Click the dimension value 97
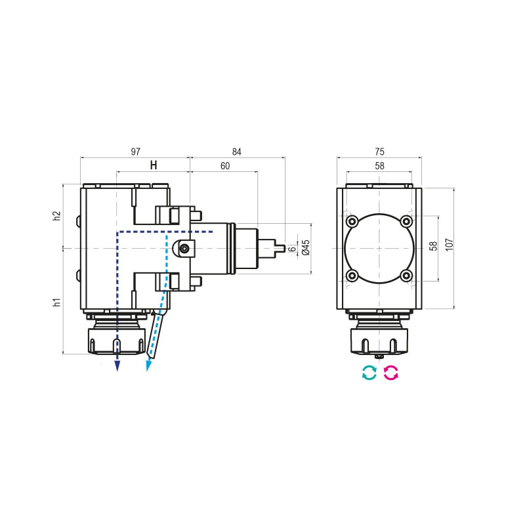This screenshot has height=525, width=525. click(x=135, y=152)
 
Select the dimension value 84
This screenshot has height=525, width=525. click(x=237, y=152)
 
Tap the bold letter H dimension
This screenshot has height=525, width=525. click(x=154, y=165)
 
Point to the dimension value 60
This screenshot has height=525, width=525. click(x=224, y=166)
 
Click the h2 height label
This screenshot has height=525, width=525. click(x=57, y=216)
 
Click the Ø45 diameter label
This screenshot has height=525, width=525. click(x=305, y=248)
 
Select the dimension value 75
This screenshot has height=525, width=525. click(x=379, y=152)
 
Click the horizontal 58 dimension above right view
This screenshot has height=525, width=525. click(x=379, y=166)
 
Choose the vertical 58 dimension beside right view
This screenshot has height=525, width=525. click(x=433, y=247)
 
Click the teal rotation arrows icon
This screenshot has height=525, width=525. click(x=369, y=373)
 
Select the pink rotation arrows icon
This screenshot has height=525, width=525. click(x=391, y=373)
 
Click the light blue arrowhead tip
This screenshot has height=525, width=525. click(x=148, y=369)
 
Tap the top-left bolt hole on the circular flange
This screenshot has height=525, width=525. click(x=352, y=220)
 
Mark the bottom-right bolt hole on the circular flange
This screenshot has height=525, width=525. click(x=407, y=276)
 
